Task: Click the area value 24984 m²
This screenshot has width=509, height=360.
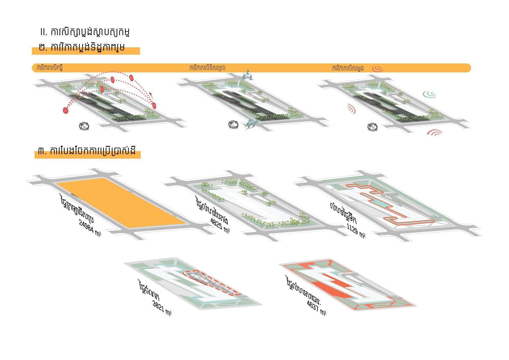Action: coord(90,228)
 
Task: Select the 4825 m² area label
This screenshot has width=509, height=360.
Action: coord(220,225)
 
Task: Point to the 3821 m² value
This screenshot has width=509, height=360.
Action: coord(162,308)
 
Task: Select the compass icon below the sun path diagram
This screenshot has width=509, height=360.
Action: coord(84,126)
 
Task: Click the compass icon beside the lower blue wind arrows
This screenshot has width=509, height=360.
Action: coord(233,125)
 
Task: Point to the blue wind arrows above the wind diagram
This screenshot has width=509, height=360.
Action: coord(248,75)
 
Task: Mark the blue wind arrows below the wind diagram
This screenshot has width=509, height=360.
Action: coord(251,123)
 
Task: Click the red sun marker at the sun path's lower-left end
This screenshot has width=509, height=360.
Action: coord(66,110)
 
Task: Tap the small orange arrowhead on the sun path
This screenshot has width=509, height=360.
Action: coord(151,93)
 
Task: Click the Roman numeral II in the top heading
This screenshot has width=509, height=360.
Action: coord(44,32)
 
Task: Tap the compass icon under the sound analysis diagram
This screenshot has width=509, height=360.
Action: coord(372,127)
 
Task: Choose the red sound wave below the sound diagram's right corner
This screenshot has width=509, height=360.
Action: coord(434,133)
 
